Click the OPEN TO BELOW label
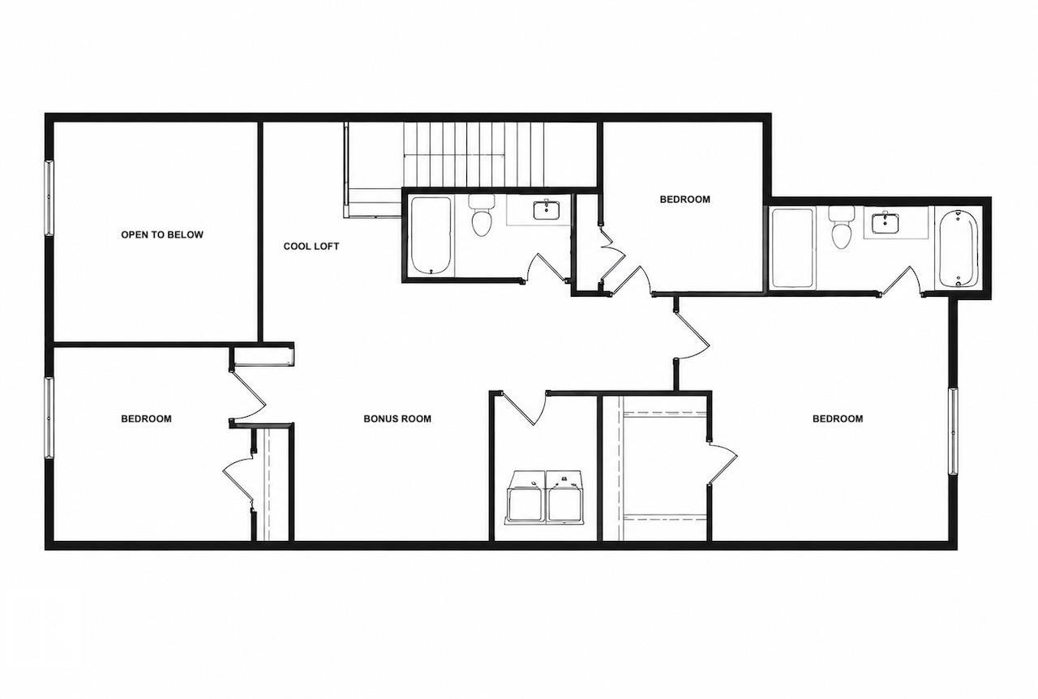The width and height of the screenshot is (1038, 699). coord(162,234)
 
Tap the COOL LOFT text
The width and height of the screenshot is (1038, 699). coord(311,247)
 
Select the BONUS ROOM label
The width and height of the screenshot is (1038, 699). coord(397,418)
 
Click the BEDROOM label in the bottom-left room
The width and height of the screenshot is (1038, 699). coord(147,418)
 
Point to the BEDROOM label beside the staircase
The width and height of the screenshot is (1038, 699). coord(685,199)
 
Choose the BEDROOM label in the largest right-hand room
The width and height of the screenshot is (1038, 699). coord(838,418)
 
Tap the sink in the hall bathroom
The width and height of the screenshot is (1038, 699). coord(547,210)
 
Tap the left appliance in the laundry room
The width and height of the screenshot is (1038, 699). coord(526,498)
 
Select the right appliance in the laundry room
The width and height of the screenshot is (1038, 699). coord(566,498)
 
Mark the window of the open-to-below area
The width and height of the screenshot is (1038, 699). coord(49,198)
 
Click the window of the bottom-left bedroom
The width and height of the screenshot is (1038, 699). coord(49,417)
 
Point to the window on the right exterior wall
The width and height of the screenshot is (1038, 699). coord(953,431)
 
